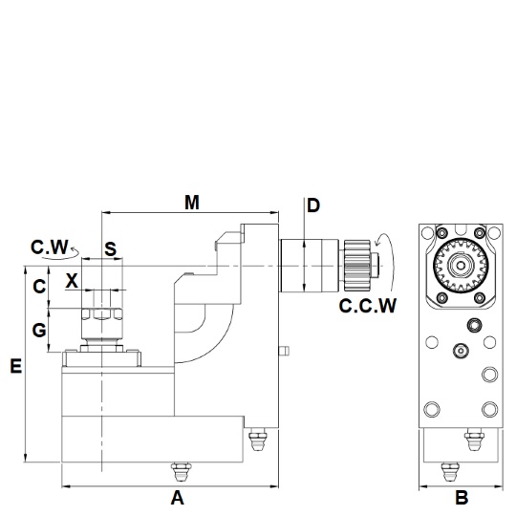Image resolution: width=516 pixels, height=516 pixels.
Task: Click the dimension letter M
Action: pyautogui.click(x=192, y=203)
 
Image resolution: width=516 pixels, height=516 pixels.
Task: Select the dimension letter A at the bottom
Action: pyautogui.click(x=178, y=498)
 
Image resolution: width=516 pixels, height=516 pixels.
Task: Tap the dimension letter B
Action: pyautogui.click(x=462, y=498)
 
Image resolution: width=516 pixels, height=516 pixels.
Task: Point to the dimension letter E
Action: pyautogui.click(x=16, y=366)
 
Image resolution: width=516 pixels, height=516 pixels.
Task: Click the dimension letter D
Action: pyautogui.click(x=313, y=205)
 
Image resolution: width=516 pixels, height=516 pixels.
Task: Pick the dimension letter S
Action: pyautogui.click(x=110, y=249)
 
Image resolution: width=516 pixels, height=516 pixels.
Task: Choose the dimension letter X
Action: pyautogui.click(x=72, y=281)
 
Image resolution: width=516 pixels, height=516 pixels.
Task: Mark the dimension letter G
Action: pyautogui.click(x=39, y=330)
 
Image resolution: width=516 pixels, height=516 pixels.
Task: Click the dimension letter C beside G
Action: pyautogui.click(x=39, y=287)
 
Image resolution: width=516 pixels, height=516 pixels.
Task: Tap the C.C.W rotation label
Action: pyautogui.click(x=368, y=306)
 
